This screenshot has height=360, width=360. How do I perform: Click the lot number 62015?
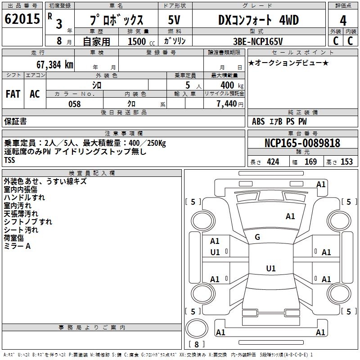[x=22, y=19]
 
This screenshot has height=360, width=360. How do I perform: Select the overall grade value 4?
[x=343, y=21]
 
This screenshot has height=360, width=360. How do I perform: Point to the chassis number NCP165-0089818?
[x=302, y=144]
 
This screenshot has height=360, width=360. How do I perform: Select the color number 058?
[x=74, y=104]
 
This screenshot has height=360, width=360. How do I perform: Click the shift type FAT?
[x=13, y=94]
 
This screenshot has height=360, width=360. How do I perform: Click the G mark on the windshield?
[x=257, y=237]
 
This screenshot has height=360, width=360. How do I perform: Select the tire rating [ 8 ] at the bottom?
[x=196, y=344]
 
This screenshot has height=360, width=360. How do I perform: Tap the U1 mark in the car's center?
[x=270, y=269]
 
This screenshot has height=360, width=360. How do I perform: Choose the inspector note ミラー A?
[x=18, y=246]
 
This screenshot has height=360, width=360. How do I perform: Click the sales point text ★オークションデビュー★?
[x=288, y=63]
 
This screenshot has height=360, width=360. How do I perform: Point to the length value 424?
[x=273, y=162]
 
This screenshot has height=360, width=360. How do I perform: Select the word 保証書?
[x=16, y=121]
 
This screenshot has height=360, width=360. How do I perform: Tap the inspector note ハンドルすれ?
[x=24, y=198]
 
